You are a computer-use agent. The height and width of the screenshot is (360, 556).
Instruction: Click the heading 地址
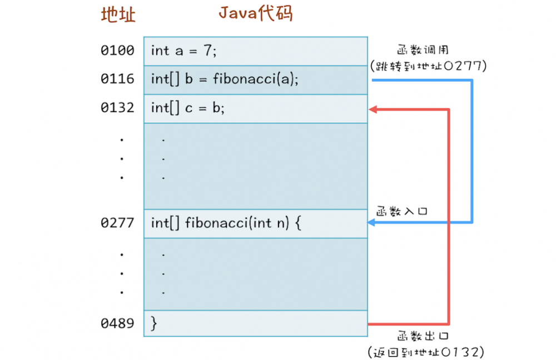point(118,15)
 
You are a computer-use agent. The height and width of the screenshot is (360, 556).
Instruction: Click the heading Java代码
point(256,13)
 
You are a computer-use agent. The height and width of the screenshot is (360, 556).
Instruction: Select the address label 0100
point(117,51)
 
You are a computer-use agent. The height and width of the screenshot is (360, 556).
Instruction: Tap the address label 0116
point(117,79)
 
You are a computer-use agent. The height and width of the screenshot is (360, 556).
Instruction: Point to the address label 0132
point(117,107)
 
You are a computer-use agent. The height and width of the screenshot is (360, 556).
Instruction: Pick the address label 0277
point(117,223)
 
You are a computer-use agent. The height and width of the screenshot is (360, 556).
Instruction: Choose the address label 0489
point(117,323)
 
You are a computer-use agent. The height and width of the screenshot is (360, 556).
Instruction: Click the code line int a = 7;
point(183,51)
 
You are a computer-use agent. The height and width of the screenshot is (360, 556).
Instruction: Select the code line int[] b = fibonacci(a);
point(225,79)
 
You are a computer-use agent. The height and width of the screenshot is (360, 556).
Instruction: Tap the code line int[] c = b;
point(187,108)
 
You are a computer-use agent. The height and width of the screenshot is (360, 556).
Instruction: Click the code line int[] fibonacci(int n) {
point(226,223)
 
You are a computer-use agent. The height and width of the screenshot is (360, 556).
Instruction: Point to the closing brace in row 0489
point(154,323)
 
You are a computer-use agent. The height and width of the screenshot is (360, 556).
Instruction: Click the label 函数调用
point(423,49)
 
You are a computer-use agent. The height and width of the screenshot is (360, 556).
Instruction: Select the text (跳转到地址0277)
point(428,66)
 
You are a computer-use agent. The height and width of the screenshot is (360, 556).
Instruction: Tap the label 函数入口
point(401,212)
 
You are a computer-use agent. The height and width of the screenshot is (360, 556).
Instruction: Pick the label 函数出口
point(423,336)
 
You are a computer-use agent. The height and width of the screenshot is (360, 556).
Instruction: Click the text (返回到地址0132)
point(426,352)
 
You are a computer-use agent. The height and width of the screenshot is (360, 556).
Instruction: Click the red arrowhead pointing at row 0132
point(373,109)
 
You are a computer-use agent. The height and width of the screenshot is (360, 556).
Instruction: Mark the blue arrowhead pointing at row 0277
point(371,223)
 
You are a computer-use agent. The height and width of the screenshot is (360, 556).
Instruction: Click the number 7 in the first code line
point(207,51)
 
